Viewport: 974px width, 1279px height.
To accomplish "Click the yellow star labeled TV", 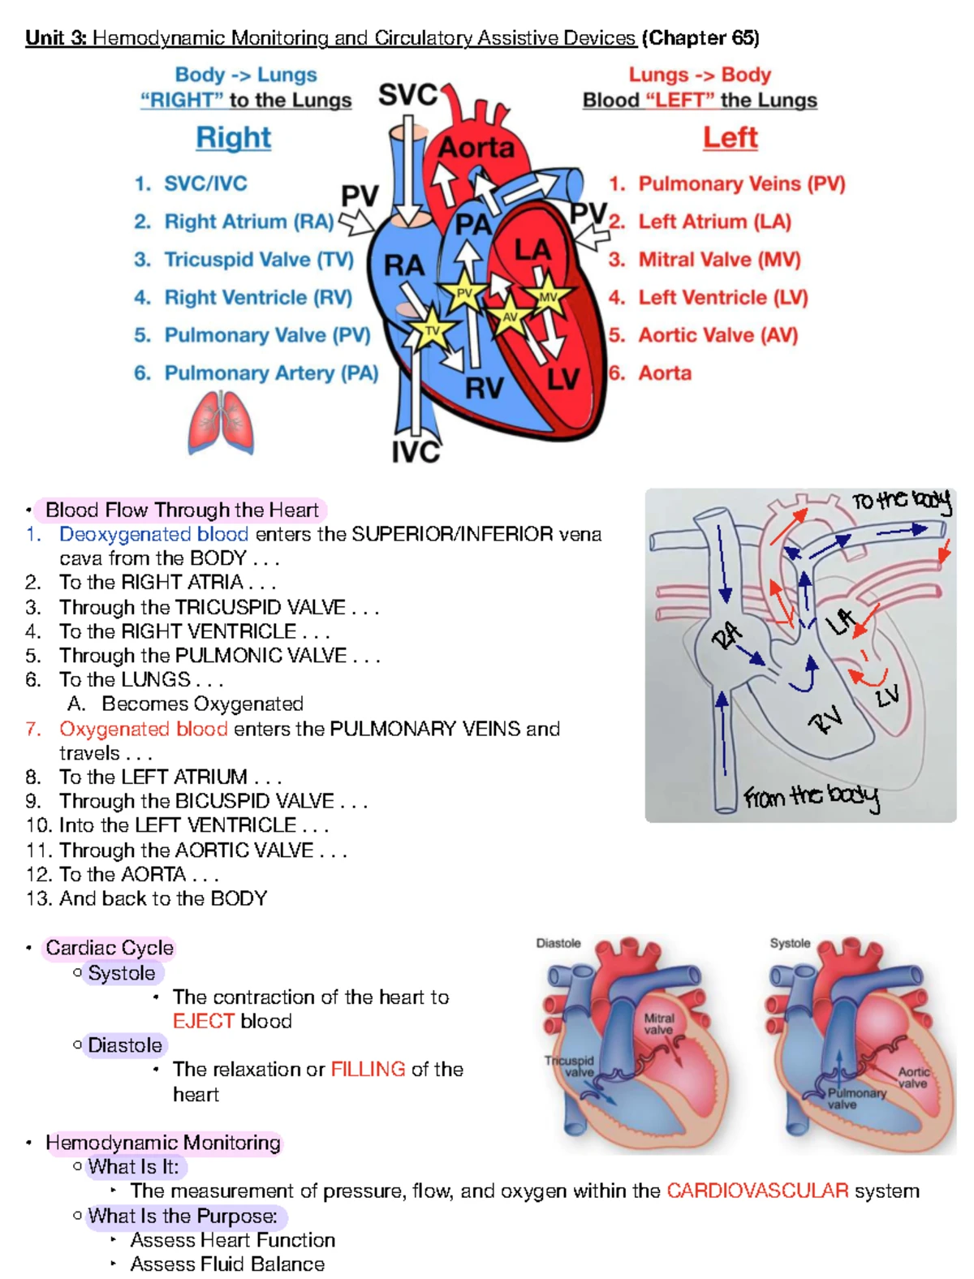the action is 433,329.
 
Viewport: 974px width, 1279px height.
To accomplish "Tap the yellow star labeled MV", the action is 548,296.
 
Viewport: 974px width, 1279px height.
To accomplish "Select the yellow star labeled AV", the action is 511,317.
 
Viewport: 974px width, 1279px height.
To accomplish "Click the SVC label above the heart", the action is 407,95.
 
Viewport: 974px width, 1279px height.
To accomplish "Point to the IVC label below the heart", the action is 416,452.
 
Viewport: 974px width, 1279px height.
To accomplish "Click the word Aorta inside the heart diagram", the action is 476,148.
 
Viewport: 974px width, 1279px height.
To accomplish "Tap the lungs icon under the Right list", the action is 221,422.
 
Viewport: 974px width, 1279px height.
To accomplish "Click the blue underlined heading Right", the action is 234,138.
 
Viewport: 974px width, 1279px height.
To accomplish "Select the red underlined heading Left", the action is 730,138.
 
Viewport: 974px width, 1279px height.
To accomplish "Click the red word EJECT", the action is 204,1021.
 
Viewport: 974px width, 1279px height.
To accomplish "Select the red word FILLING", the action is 368,1070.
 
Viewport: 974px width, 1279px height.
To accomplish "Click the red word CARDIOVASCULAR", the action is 757,1191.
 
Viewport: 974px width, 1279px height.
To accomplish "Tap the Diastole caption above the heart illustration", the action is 558,943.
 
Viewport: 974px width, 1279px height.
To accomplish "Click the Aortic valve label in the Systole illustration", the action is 913,1078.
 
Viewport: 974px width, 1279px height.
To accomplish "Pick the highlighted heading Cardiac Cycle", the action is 110,948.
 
